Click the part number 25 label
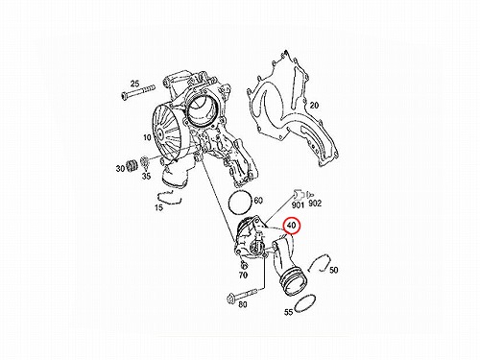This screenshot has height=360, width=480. tap(134, 84)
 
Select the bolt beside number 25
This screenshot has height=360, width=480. tap(138, 91)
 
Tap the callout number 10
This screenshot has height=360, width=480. tap(147, 137)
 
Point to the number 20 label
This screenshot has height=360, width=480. tap(314, 105)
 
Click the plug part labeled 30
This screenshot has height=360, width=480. tap(132, 164)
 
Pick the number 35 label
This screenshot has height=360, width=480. tap(146, 176)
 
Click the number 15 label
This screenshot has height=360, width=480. tap(158, 207)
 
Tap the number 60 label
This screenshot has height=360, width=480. tap(258, 201)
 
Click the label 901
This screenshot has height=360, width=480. tap(298, 204)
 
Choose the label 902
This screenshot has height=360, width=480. tap(315, 204)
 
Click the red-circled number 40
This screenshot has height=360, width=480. tap(292, 226)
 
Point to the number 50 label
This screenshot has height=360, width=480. tap(333, 270)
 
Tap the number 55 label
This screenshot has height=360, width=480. tap(289, 312)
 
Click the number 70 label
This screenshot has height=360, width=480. tap(243, 275)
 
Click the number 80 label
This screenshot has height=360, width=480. tap(243, 304)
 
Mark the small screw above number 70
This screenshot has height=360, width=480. tap(244, 265)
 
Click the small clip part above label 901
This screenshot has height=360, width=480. tap(298, 195)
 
